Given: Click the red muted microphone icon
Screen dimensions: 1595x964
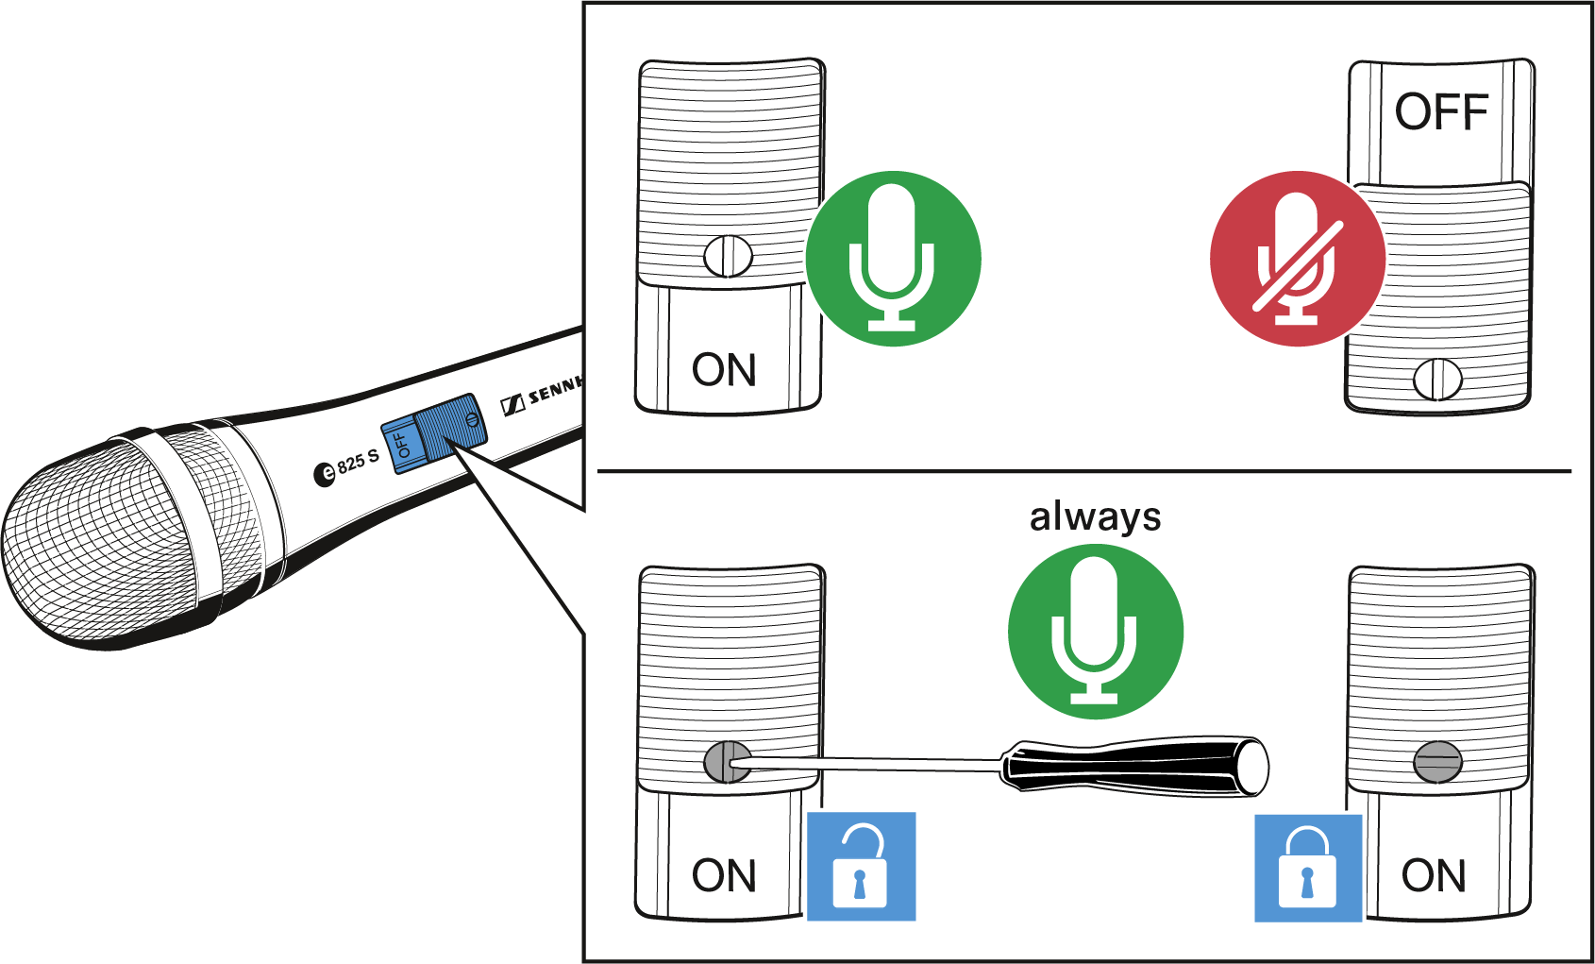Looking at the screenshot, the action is point(1298,259).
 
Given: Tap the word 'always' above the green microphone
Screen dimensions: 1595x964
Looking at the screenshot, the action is point(1095,516).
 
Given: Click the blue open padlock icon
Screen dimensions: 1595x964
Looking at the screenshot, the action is point(861,866).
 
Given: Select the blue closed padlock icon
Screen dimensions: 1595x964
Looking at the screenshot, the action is point(1308,868).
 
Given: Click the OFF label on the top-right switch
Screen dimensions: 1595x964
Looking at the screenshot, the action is point(1441,111).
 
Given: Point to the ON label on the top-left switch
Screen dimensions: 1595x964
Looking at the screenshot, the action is point(724,370).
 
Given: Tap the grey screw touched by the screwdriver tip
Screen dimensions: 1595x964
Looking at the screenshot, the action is point(727,762).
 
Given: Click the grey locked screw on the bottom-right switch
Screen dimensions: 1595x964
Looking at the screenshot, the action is point(1437,762).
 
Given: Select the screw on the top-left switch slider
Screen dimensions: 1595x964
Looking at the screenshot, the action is point(728,257).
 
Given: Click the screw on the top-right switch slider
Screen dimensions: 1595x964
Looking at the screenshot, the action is point(1437,380).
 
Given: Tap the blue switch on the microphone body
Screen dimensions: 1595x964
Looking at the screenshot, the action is point(434,433).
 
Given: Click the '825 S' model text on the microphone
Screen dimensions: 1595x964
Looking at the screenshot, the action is point(358,464).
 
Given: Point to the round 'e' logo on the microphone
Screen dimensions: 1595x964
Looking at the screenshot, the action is point(325,474).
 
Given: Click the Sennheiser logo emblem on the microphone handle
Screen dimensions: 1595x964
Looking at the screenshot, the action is point(512,404).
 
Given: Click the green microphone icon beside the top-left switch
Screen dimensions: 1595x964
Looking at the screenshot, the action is point(893,259).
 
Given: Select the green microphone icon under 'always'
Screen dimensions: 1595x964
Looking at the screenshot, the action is point(1095,632).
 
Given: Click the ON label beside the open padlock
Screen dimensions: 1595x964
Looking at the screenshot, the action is point(724,875).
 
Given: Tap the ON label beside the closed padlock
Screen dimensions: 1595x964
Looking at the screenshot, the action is point(1434,875).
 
